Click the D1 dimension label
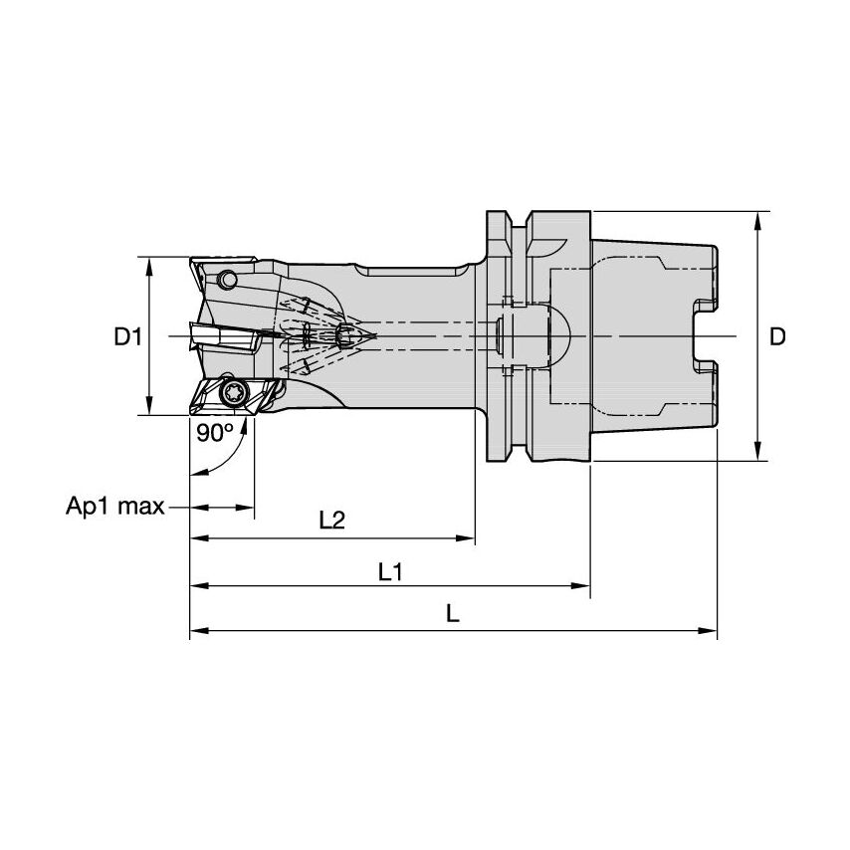[126, 337]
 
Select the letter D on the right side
[778, 337]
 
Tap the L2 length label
[331, 520]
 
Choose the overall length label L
[453, 614]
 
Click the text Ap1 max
[114, 508]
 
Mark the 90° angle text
[214, 432]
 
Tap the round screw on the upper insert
[229, 281]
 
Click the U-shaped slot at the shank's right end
[703, 336]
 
